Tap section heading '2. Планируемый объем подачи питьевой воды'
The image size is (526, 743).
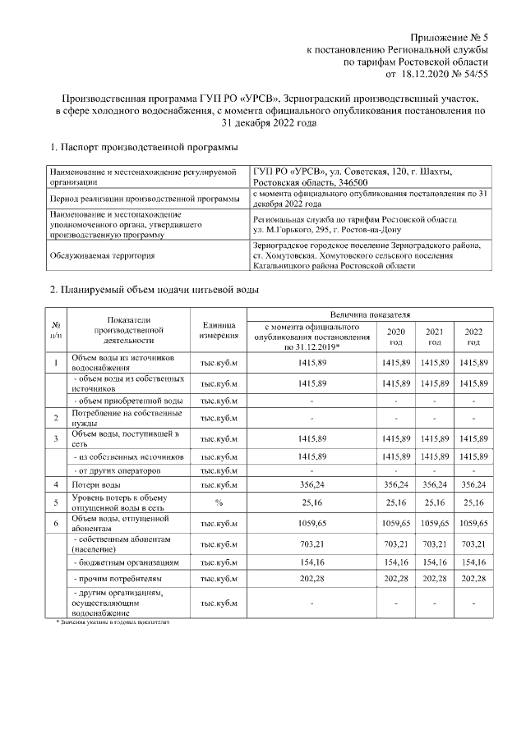155,290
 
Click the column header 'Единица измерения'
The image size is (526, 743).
219,330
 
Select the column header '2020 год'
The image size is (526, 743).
396,336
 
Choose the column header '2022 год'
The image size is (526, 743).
473,336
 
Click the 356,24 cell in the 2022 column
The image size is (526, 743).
473,485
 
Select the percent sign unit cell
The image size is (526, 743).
219,502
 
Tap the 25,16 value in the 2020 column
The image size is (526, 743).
396,502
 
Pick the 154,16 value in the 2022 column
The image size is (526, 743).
473,562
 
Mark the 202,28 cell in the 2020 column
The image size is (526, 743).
396,581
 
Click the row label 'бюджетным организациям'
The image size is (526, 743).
127,562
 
